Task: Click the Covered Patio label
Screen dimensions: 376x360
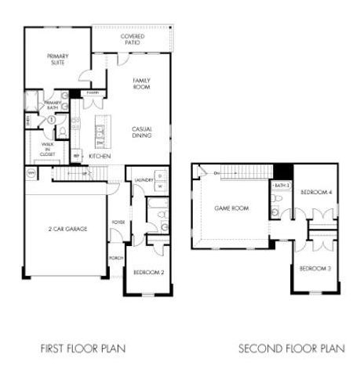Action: click(131, 39)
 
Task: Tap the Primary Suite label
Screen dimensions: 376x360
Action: click(58, 59)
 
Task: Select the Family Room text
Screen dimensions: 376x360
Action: click(141, 84)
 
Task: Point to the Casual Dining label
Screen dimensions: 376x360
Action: click(141, 133)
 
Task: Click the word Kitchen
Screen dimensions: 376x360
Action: click(99, 157)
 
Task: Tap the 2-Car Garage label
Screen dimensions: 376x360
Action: click(66, 229)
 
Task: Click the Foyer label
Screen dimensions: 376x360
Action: click(118, 222)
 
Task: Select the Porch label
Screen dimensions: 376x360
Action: click(115, 258)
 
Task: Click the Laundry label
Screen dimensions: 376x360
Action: click(143, 180)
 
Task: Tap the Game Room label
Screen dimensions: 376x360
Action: click(231, 208)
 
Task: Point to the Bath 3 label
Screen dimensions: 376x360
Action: click(282, 186)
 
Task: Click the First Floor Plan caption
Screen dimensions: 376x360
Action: click(83, 347)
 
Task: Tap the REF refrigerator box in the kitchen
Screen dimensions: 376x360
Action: click(76, 157)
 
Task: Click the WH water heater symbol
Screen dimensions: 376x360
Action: click(31, 172)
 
